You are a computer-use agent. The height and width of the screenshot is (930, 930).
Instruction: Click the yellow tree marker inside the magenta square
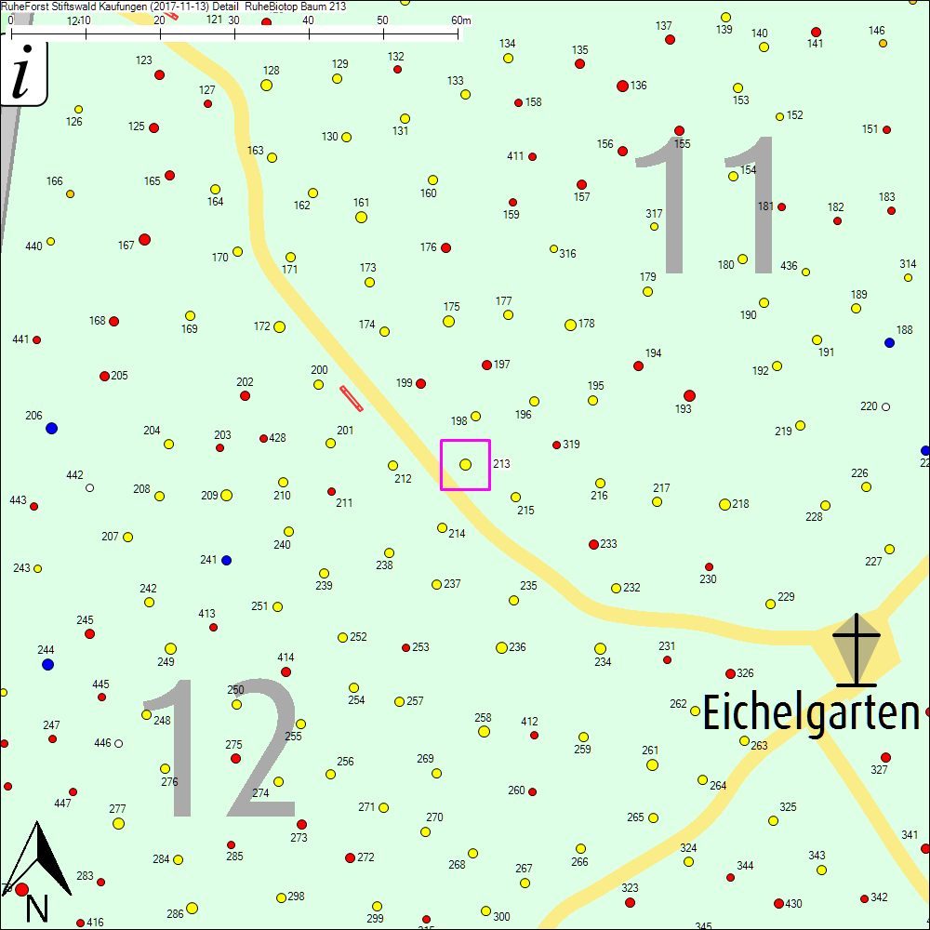pos(465,464)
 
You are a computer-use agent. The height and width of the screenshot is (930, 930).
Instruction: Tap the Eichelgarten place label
pos(810,713)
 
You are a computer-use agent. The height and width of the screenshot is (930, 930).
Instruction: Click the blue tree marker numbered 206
pos(51,428)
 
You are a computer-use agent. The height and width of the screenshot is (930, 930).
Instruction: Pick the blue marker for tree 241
pos(226,560)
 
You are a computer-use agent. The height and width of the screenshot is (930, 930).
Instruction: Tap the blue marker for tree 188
pos(889,342)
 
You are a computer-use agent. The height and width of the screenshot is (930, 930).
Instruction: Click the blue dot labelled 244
pos(47,664)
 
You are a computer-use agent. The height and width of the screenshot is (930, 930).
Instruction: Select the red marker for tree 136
pos(622,86)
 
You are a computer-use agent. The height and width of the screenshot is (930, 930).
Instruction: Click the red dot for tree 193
pos(689,395)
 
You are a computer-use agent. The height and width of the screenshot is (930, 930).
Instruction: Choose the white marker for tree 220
pos(885,406)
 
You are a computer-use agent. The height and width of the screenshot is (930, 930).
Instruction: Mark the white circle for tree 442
pos(89,487)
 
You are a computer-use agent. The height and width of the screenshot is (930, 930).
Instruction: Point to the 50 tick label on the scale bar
pos(383,20)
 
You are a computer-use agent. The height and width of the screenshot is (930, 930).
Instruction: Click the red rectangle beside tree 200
pos(352,398)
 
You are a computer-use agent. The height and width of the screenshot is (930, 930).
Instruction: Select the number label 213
pos(501,463)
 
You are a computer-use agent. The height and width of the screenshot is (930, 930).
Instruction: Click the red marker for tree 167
pos(144,239)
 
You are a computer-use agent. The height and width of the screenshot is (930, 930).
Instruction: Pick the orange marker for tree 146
pos(882,43)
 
